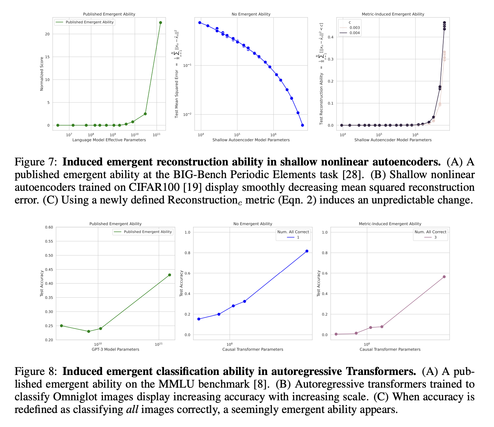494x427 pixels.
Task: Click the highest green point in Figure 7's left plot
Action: [x=161, y=23]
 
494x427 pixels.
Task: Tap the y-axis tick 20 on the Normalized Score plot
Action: [x=47, y=34]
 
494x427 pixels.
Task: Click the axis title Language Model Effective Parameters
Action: [x=109, y=140]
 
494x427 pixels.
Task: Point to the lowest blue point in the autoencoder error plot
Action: [x=302, y=125]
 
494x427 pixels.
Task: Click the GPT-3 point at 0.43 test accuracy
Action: [x=169, y=275]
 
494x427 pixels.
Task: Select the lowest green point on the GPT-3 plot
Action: [x=88, y=331]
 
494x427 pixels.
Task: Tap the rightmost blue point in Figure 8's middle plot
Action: [x=307, y=251]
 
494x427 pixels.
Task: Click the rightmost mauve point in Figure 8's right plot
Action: [x=444, y=277]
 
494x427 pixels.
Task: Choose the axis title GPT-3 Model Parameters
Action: [x=115, y=350]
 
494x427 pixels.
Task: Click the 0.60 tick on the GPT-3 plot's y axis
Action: [x=49, y=228]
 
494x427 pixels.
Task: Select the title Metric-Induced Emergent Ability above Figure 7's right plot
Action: [x=393, y=14]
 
